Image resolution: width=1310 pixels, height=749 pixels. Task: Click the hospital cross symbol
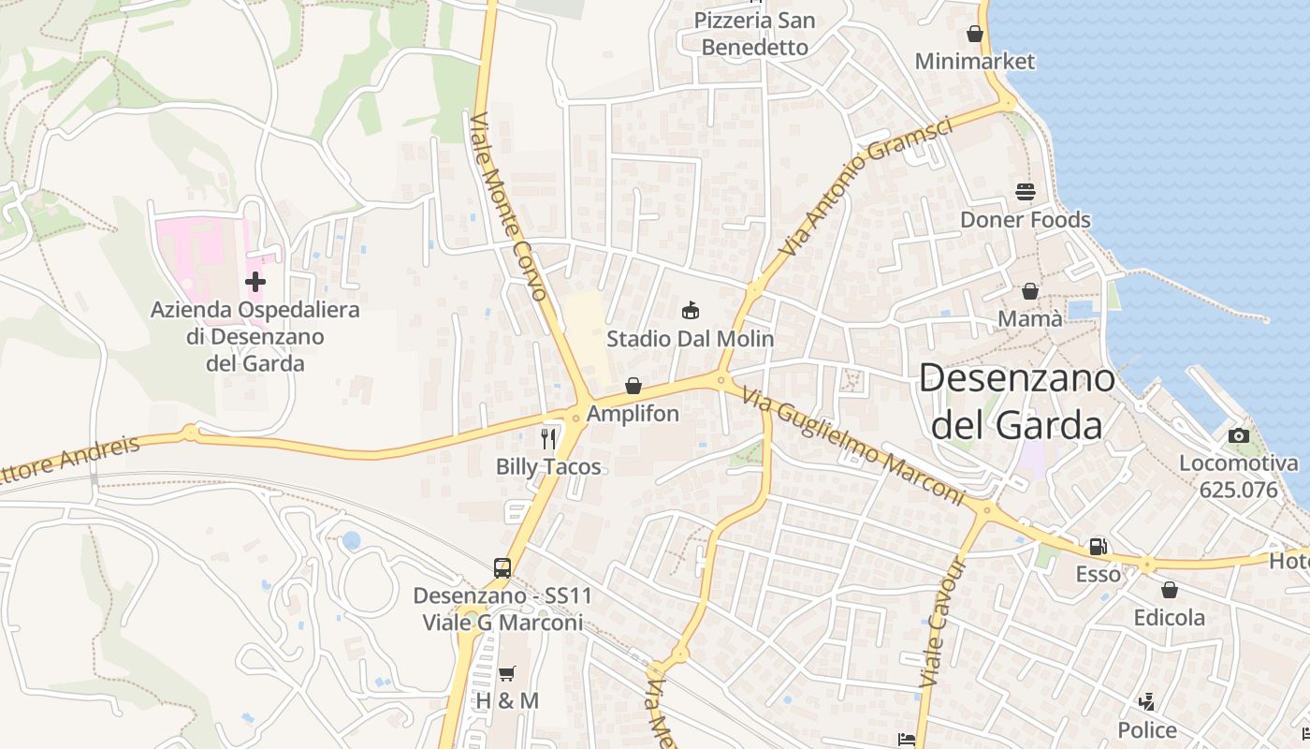(x=255, y=281)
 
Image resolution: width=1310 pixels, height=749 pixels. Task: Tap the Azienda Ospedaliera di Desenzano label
(x=255, y=336)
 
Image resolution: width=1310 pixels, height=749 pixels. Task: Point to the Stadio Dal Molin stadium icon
(x=691, y=311)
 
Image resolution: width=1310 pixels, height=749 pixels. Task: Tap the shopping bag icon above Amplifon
(x=633, y=386)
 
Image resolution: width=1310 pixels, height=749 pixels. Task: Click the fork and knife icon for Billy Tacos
(x=548, y=438)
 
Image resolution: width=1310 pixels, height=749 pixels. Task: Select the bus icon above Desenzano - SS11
(x=502, y=567)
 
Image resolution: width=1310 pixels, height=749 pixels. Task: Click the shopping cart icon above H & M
(x=507, y=673)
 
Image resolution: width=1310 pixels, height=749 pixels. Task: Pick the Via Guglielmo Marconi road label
(x=852, y=447)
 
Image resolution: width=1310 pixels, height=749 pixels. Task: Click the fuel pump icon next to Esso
(x=1098, y=546)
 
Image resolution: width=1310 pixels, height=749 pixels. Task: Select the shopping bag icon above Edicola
(x=1169, y=590)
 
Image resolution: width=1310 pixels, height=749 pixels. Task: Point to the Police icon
(x=1146, y=702)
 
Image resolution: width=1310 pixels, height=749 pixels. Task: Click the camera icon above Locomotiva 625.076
(x=1238, y=435)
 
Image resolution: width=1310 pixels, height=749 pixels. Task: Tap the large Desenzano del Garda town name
(x=1016, y=401)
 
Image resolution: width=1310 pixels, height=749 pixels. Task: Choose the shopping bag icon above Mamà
(x=1029, y=291)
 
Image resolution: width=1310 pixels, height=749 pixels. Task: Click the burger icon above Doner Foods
(x=1026, y=192)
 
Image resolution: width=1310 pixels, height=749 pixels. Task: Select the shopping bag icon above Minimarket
(x=975, y=34)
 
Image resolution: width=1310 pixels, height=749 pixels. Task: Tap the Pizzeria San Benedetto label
(x=754, y=34)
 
